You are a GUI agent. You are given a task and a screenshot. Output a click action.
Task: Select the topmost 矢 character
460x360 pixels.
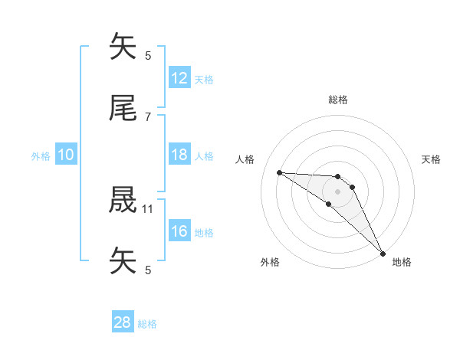(x=123, y=47)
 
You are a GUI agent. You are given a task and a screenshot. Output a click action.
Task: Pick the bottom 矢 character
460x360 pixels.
(x=123, y=261)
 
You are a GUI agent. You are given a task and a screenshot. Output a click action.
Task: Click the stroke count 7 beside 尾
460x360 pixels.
(x=148, y=116)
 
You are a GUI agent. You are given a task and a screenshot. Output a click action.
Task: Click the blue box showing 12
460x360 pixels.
(x=179, y=78)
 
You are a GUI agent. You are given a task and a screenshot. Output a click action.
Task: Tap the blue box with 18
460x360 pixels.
(x=179, y=155)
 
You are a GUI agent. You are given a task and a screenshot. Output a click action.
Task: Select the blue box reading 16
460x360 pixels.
(x=179, y=231)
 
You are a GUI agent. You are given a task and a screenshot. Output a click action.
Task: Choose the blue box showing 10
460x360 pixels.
(x=66, y=155)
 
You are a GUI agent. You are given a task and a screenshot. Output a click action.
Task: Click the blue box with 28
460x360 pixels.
(x=123, y=322)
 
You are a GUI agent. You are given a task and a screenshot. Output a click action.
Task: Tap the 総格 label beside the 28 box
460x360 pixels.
(x=147, y=324)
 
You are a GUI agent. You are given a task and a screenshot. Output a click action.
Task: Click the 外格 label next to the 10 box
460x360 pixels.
(x=41, y=155)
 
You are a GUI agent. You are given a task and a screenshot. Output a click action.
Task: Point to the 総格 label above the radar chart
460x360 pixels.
(x=338, y=100)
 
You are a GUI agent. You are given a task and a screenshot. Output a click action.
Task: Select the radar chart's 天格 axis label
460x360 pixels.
(x=432, y=159)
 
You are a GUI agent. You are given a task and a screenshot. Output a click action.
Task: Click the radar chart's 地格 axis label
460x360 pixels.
(x=402, y=262)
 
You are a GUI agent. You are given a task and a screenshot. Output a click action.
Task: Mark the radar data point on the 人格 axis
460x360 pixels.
(x=280, y=172)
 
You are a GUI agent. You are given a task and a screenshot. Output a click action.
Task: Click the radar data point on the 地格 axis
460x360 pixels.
(x=383, y=253)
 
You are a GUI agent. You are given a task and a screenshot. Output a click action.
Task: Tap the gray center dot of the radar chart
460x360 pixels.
(x=337, y=191)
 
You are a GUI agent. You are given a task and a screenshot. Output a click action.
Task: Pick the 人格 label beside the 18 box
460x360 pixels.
(x=204, y=155)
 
